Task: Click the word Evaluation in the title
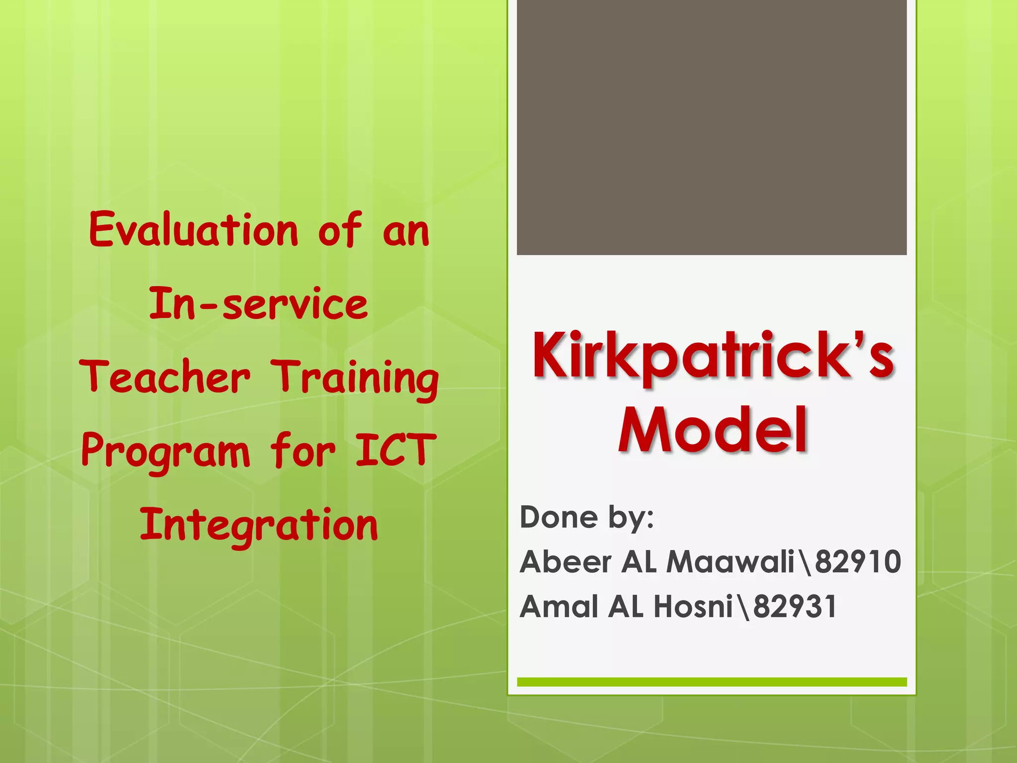[x=194, y=229]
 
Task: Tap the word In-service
[x=258, y=304]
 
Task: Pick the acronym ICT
[x=396, y=450]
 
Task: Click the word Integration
[x=259, y=525]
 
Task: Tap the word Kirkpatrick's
[x=713, y=356]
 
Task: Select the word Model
[x=713, y=430]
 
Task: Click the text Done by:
[x=586, y=517]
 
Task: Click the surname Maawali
[x=730, y=562]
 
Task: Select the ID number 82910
[x=858, y=562]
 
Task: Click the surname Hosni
[x=693, y=607]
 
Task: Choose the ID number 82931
[x=795, y=607]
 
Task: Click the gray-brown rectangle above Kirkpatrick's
[x=712, y=127]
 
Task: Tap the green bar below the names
[x=712, y=682]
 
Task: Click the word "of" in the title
[x=340, y=229]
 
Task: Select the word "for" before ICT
[x=302, y=451]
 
